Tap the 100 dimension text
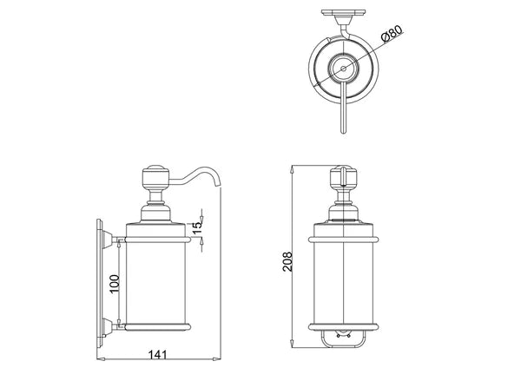coord(114,282)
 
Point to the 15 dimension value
coord(197,227)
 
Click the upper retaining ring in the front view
coord(342,236)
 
